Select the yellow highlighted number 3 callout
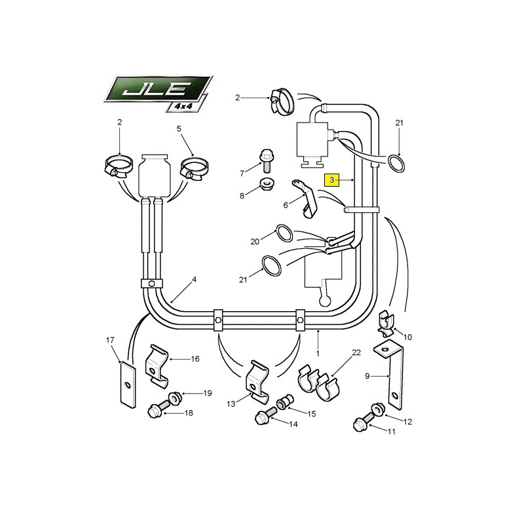(331, 179)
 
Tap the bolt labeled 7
(266, 160)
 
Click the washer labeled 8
(267, 184)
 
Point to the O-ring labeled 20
(284, 233)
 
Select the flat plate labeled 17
(128, 384)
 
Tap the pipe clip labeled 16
(157, 366)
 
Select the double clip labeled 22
(319, 383)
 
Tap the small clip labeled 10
(386, 324)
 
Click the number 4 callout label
(195, 279)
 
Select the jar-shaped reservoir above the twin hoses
(155, 176)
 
